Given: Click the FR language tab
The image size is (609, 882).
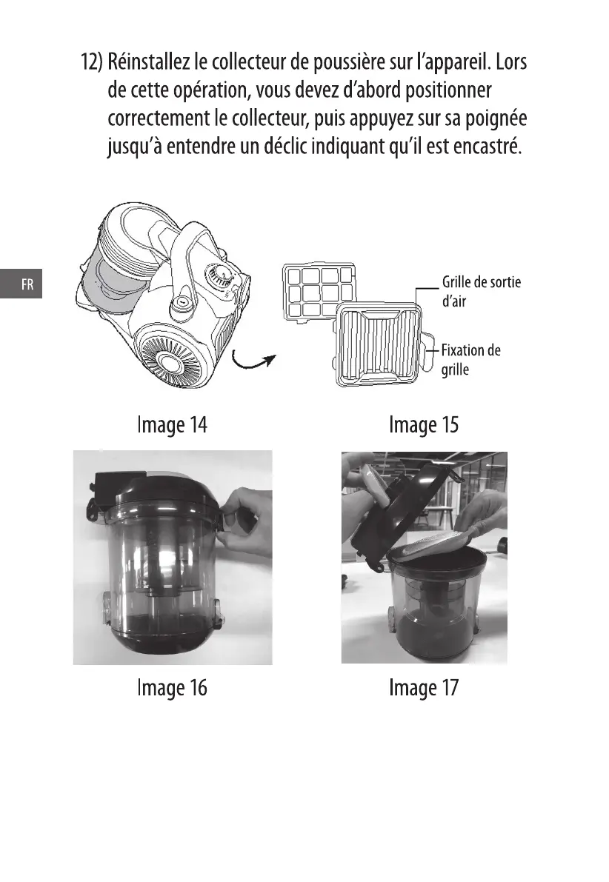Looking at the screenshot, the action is pyautogui.click(x=21, y=284).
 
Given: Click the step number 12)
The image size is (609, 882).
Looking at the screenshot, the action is pyautogui.click(x=92, y=61).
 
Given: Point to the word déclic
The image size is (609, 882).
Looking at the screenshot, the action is pyautogui.click(x=285, y=146).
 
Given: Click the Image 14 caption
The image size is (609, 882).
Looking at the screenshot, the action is pyautogui.click(x=172, y=425).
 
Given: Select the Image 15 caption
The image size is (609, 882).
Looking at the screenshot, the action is pyautogui.click(x=424, y=425).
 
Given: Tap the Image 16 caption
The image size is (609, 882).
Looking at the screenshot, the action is pyautogui.click(x=172, y=688).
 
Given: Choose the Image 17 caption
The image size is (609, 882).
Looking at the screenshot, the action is pyautogui.click(x=424, y=688).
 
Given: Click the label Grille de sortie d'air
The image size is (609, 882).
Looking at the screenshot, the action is pyautogui.click(x=482, y=291).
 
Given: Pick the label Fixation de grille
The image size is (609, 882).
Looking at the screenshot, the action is pyautogui.click(x=470, y=360).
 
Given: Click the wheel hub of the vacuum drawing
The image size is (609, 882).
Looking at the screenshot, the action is pyautogui.click(x=167, y=359).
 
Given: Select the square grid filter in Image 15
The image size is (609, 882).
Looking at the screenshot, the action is pyautogui.click(x=319, y=292).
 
